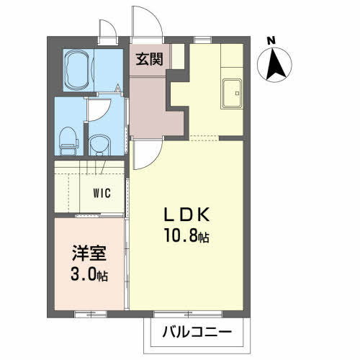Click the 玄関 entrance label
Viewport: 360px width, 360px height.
pyautogui.click(x=149, y=59)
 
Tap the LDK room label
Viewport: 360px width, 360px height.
pyautogui.click(x=187, y=215)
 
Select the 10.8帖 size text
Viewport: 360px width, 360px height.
pyautogui.click(x=186, y=235)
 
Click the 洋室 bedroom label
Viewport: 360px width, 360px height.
pyautogui.click(x=89, y=253)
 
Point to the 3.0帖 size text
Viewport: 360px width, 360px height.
pyautogui.click(x=89, y=274)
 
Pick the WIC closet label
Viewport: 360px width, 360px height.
pyautogui.click(x=102, y=193)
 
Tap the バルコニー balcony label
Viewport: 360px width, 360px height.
pyautogui.click(x=197, y=332)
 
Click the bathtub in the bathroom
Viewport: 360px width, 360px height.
pyautogui.click(x=77, y=70)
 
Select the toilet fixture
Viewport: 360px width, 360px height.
pyautogui.click(x=68, y=141)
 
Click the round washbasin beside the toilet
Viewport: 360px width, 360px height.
pyautogui.click(x=99, y=145)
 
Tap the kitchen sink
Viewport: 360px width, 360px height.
pyautogui.click(x=232, y=94)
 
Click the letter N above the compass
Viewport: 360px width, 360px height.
pyautogui.click(x=271, y=41)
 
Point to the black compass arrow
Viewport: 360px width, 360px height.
pyautogui.click(x=276, y=64)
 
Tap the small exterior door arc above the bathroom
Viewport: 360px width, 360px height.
pyautogui.click(x=111, y=25)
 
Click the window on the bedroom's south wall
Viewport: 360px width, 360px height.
pyautogui.click(x=90, y=314)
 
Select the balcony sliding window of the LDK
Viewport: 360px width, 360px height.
pyautogui.click(x=188, y=314)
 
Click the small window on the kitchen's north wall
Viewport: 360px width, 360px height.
pyautogui.click(x=203, y=40)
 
